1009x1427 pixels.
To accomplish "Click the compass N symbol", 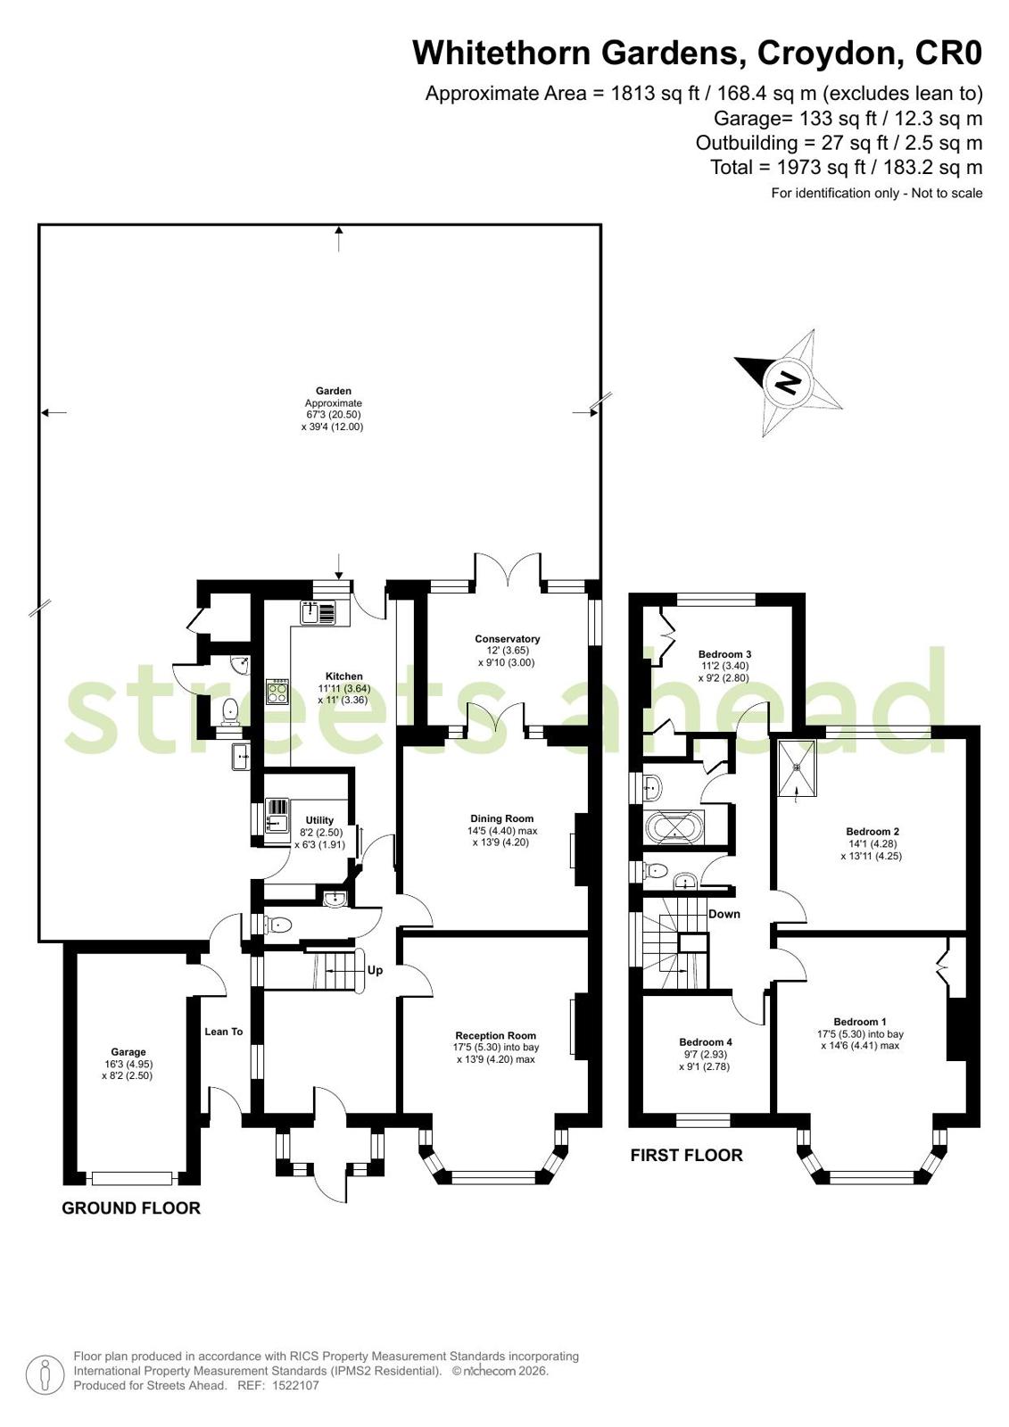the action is tap(789, 383).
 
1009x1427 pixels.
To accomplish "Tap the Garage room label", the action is tap(128, 1052).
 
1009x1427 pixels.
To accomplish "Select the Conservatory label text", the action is tap(507, 639).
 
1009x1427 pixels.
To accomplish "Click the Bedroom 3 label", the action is tap(724, 654).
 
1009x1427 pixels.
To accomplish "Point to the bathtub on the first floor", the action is tap(674, 829).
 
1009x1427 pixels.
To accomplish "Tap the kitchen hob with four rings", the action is tap(278, 692).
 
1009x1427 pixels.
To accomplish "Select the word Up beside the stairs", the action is tap(376, 970).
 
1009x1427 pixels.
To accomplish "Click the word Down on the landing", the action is tap(724, 914).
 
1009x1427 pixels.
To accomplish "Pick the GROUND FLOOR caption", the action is tap(131, 1207).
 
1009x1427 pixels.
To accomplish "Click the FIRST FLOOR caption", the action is tap(686, 1155).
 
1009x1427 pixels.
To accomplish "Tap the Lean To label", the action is tap(224, 1032).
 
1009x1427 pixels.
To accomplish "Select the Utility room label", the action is tap(319, 820).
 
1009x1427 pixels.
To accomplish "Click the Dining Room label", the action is tap(502, 818).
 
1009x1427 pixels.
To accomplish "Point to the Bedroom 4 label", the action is tap(705, 1042).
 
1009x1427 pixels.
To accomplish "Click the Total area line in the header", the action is tap(846, 168).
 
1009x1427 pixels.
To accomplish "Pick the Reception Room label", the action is tap(496, 1036).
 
